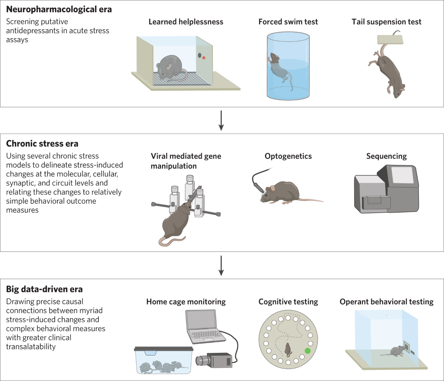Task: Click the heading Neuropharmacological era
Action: click(59, 9)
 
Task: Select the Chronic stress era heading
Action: click(42, 144)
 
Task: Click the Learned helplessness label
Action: click(186, 22)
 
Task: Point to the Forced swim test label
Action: click(288, 22)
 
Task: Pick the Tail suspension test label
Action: click(386, 22)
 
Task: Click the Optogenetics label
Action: click(288, 156)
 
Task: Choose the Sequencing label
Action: click(386, 156)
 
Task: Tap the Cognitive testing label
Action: click(288, 302)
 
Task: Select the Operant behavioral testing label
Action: click(386, 302)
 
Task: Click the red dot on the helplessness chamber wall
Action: click(203, 58)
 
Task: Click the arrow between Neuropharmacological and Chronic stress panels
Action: click(221, 120)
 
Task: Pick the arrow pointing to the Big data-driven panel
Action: click(221, 265)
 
